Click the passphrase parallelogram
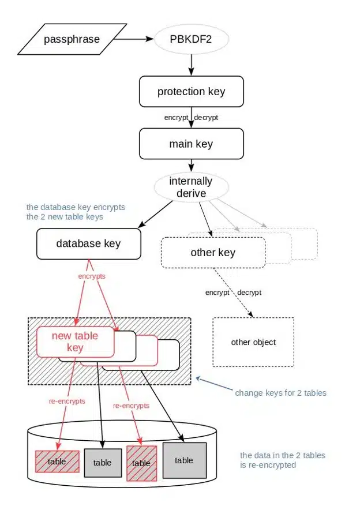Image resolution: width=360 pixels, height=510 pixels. (72, 40)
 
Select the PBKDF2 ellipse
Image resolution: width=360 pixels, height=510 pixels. (192, 40)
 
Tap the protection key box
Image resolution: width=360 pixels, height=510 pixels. (191, 92)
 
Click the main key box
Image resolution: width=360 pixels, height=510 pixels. (191, 144)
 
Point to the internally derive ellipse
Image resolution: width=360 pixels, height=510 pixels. (191, 187)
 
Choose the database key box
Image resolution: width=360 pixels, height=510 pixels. (88, 243)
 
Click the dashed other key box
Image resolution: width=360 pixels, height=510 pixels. (213, 253)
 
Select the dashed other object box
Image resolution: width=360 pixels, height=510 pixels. (253, 342)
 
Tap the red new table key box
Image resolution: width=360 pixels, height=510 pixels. (75, 342)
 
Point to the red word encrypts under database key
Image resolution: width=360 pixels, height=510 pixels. (92, 276)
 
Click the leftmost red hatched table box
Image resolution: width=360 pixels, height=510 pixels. (57, 462)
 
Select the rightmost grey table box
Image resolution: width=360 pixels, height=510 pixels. (183, 460)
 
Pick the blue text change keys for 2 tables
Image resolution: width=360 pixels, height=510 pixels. (280, 393)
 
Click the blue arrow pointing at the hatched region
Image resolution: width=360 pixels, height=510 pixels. (213, 385)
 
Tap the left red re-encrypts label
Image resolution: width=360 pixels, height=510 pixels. (66, 400)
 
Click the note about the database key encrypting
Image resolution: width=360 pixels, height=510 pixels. (76, 212)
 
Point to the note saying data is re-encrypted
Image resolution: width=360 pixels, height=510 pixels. (282, 460)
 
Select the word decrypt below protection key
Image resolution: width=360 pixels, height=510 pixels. (206, 118)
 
